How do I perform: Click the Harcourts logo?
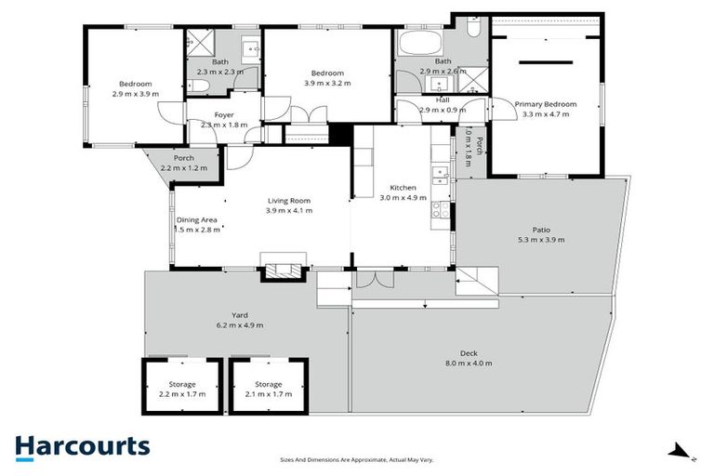tap(82, 446)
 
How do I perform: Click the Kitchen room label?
tap(403, 192)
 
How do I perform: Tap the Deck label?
tap(469, 357)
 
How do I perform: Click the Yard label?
tap(240, 320)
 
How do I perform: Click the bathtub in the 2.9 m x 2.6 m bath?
tap(424, 44)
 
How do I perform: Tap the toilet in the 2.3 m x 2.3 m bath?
tap(202, 88)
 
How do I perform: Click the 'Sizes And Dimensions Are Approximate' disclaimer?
tap(357, 460)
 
